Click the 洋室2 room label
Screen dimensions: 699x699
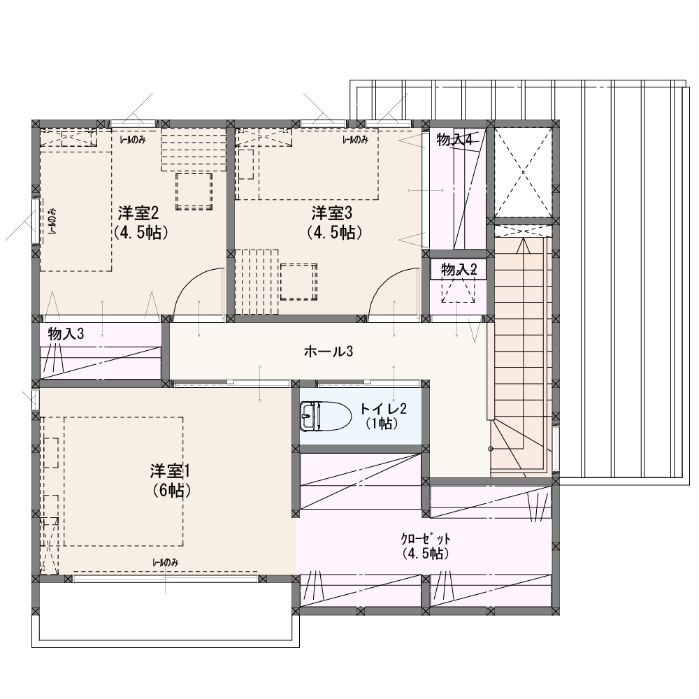tap(138, 213)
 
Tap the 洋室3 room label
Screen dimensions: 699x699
tap(331, 213)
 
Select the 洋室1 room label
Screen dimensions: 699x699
tap(171, 470)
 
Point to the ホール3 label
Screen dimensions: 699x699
tap(328, 352)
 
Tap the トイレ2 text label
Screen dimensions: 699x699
tap(383, 408)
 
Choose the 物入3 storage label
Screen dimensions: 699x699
tap(66, 333)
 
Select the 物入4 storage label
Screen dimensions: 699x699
tap(454, 140)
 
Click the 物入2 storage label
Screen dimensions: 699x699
tap(459, 269)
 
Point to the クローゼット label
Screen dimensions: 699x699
tap(426, 538)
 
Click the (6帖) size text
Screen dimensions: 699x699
tap(171, 491)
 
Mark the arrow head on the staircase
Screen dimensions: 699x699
tap(523, 245)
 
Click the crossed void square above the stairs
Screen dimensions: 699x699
tap(523, 172)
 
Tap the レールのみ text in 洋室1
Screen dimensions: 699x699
tap(166, 563)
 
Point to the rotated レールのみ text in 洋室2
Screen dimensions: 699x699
tap(52, 222)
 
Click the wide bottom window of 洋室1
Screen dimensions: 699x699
tap(166, 579)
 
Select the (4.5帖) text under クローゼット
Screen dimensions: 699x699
tap(426, 553)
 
